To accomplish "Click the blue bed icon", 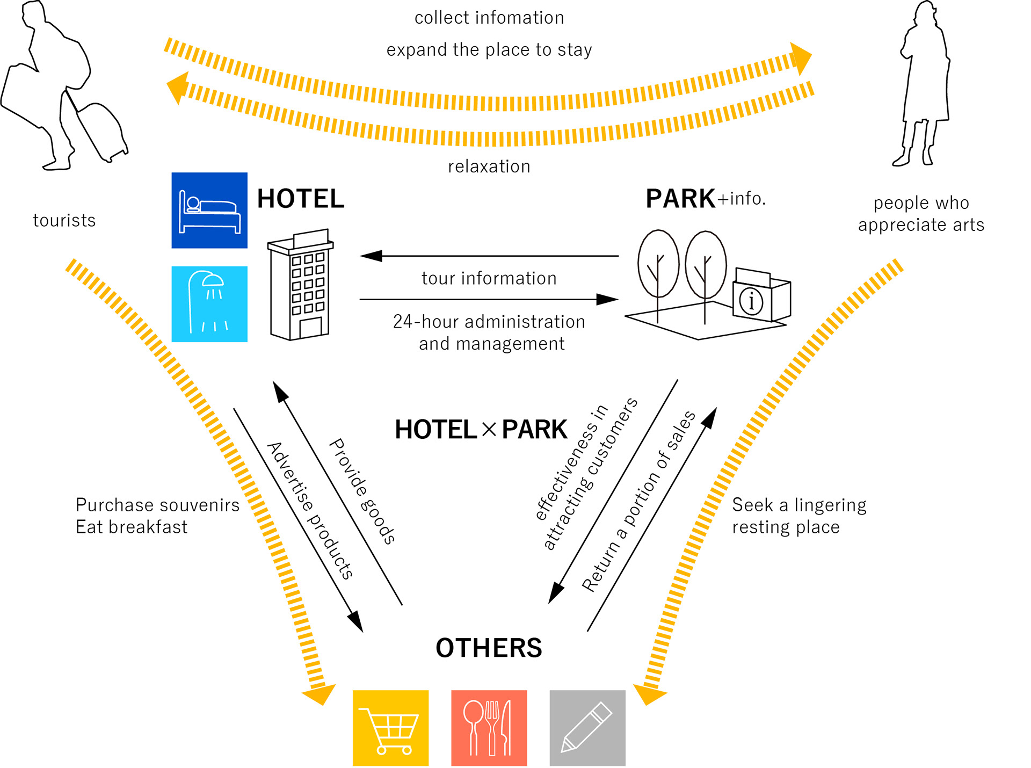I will point(209,210).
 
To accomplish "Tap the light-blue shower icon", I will point(209,304).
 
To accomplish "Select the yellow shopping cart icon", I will point(390,728).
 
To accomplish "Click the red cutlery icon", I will point(489,728).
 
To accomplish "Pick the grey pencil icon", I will point(587,728).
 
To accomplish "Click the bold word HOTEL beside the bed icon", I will point(301,199).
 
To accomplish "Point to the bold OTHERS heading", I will point(489,648).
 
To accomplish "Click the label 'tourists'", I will point(64,220).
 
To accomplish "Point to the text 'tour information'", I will point(489,278).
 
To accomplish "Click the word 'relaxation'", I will point(489,166).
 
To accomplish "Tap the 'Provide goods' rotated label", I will point(362,491).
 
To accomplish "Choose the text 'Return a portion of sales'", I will point(639,502).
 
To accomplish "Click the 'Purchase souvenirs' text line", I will point(157,505).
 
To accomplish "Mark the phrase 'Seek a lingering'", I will point(799,505).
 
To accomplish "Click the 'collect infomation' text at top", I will point(489,18).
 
